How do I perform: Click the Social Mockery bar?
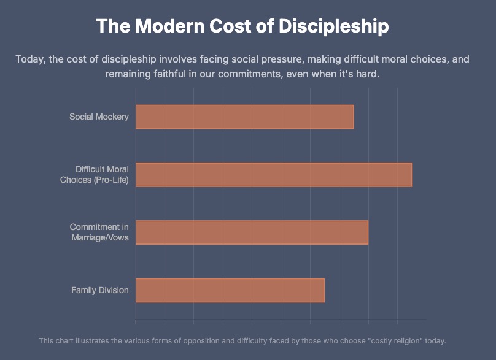tap(244, 117)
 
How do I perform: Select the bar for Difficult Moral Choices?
tap(273, 174)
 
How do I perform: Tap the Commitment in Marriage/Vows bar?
tap(252, 232)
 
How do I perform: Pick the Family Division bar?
tap(230, 290)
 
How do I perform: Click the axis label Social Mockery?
tap(99, 117)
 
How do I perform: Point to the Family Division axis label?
tap(100, 290)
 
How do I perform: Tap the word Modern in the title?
tap(161, 27)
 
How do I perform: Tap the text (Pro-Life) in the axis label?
tap(111, 180)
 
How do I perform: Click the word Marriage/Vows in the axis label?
tap(100, 237)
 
